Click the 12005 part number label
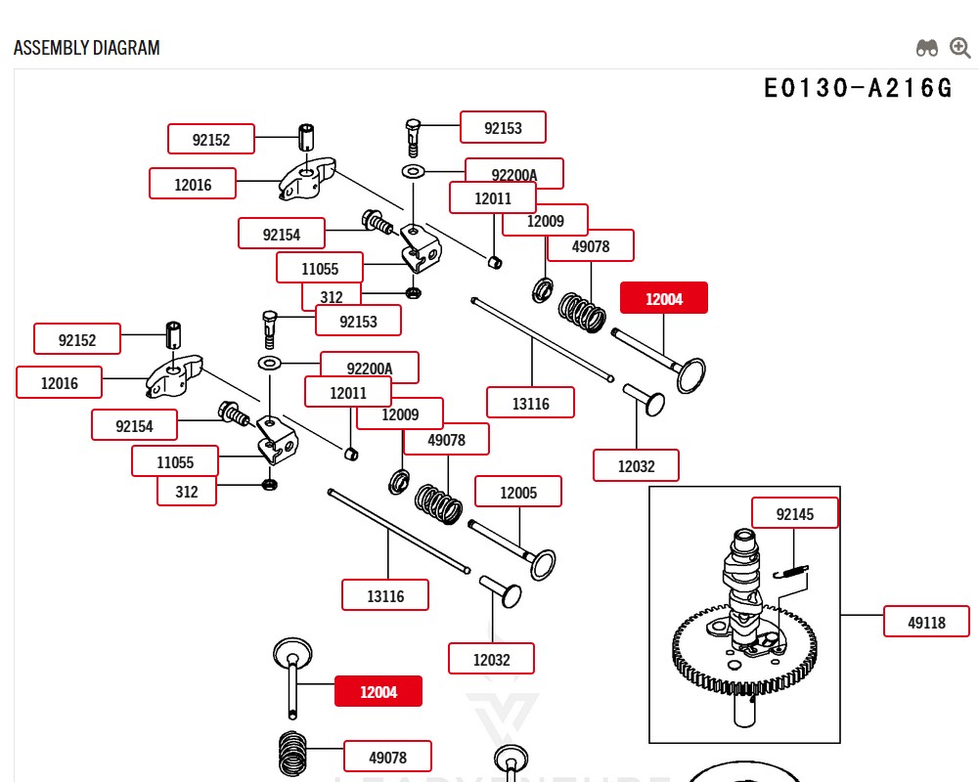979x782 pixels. pos(518,492)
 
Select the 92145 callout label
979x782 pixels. pos(794,513)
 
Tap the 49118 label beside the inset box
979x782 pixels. pos(926,621)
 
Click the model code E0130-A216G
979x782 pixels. pos(858,88)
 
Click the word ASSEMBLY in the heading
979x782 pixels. pos(50,48)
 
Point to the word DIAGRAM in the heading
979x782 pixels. pos(127,48)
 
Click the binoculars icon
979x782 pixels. pos(926,48)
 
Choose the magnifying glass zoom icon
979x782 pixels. pos(960,48)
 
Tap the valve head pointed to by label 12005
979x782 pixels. pos(541,564)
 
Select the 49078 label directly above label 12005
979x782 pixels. pos(447,440)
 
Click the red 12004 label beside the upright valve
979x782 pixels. pos(378,691)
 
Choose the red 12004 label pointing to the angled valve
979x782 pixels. pos(663,298)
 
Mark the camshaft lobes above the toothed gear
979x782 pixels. pos(743,577)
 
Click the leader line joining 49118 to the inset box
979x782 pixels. pos(862,616)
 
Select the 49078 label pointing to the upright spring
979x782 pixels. pos(387,757)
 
